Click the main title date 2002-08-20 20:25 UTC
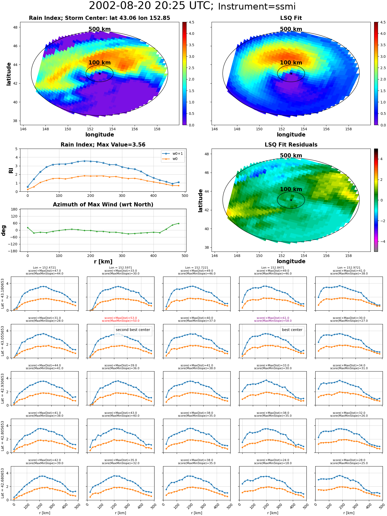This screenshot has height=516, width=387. (x=151, y=6)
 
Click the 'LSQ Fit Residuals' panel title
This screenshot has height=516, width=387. (x=291, y=145)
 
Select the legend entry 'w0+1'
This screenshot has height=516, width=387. (x=178, y=154)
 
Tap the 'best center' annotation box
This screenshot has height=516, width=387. (x=292, y=330)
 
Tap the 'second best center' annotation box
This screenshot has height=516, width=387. (x=133, y=330)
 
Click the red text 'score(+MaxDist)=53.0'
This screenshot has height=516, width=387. (x=120, y=318)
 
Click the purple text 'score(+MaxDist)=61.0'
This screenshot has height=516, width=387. (x=273, y=318)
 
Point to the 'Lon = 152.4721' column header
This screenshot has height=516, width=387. (x=44, y=268)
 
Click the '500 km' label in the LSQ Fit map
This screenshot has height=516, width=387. (x=291, y=29)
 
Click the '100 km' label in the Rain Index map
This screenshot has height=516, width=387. (x=100, y=63)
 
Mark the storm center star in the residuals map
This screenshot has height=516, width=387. (x=291, y=200)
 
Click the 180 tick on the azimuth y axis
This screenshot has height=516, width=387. (x=14, y=209)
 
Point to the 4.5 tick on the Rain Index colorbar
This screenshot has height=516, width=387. (x=191, y=22)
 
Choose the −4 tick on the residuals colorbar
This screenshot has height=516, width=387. (x=381, y=241)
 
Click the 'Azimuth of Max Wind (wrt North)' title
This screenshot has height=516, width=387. (x=103, y=205)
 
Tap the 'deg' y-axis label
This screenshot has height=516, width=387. (x=4, y=230)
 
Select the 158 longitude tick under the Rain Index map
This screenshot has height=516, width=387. (x=157, y=129)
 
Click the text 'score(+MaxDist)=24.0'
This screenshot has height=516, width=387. (x=273, y=460)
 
